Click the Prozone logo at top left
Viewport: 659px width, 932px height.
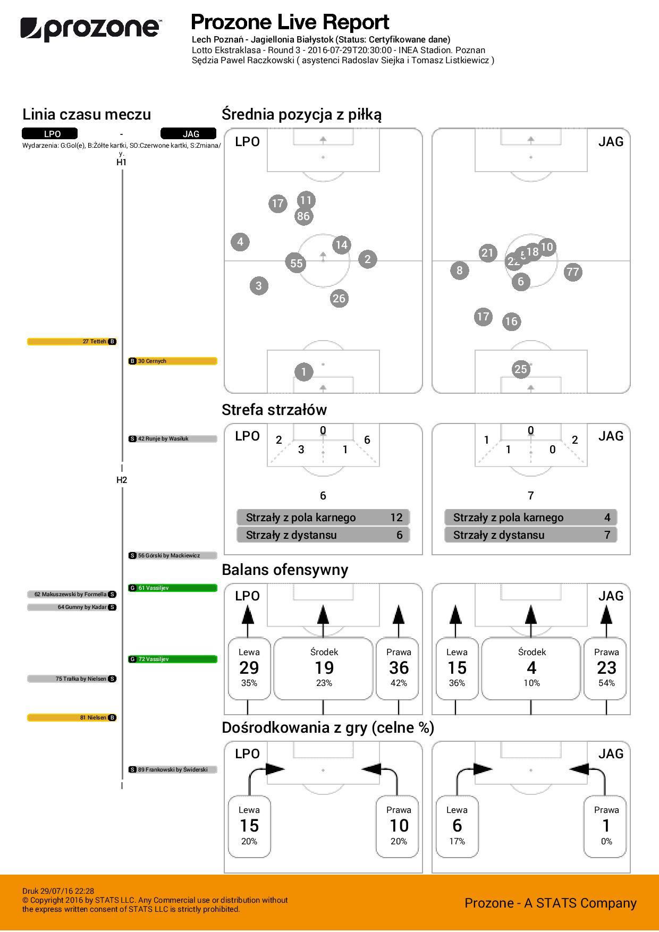pyautogui.click(x=90, y=29)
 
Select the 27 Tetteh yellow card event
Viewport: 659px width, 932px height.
pyautogui.click(x=72, y=342)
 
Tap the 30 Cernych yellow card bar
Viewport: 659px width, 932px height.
pyautogui.click(x=173, y=361)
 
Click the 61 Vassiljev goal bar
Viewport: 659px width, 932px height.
pyautogui.click(x=173, y=588)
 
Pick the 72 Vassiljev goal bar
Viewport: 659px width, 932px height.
pyautogui.click(x=173, y=659)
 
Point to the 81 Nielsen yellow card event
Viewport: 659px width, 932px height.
pyautogui.click(x=72, y=718)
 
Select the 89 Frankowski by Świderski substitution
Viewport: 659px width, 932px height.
pyautogui.click(x=173, y=769)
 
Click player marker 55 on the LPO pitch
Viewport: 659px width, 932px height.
pyautogui.click(x=296, y=263)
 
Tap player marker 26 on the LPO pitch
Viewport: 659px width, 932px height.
pyautogui.click(x=339, y=299)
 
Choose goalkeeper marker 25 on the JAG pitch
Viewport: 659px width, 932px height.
pyautogui.click(x=521, y=369)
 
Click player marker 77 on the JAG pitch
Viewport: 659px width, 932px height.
pyautogui.click(x=572, y=273)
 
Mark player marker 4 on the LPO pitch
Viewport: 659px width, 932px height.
pyautogui.click(x=240, y=242)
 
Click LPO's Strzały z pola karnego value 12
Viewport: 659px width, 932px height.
pyautogui.click(x=396, y=518)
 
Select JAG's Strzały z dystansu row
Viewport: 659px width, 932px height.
pyautogui.click(x=530, y=535)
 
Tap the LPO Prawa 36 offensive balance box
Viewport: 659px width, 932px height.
pyautogui.click(x=399, y=668)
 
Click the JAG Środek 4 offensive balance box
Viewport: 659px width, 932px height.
pyautogui.click(x=531, y=668)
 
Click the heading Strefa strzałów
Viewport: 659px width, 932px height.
pyautogui.click(x=274, y=410)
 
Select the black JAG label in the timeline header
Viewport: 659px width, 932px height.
pyautogui.click(x=188, y=134)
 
